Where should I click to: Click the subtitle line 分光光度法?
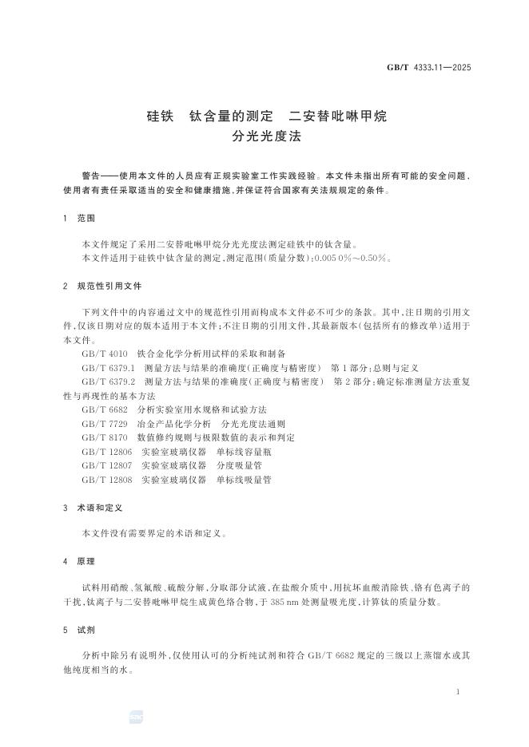(264, 136)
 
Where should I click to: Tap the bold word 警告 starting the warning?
(92, 174)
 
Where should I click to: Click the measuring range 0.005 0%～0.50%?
(352, 258)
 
